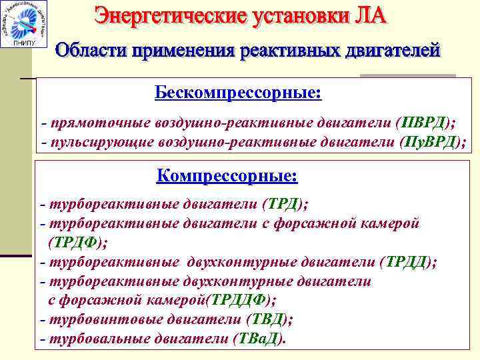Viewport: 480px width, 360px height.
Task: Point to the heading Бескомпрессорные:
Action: pyautogui.click(x=238, y=92)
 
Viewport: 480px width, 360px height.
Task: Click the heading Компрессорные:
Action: pyautogui.click(x=227, y=177)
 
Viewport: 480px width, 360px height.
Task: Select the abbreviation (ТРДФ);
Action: pyautogui.click(x=76, y=241)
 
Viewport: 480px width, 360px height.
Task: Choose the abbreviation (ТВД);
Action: pyautogui.click(x=269, y=319)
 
